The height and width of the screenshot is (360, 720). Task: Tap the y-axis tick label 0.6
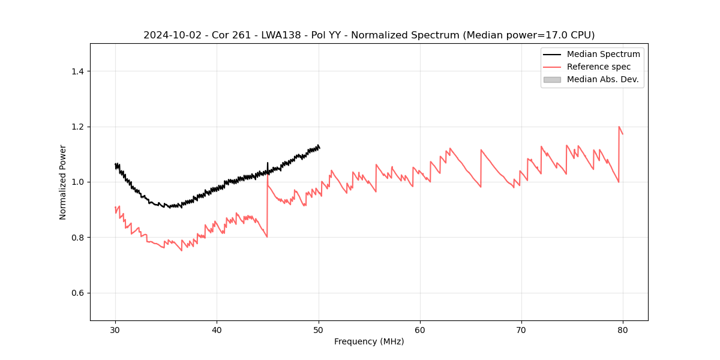click(x=77, y=293)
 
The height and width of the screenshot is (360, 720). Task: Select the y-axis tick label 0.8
click(x=77, y=238)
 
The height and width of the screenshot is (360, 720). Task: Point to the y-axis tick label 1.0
click(x=77, y=182)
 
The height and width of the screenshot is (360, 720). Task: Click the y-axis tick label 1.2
click(x=77, y=127)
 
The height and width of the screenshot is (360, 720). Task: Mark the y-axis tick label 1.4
click(x=77, y=71)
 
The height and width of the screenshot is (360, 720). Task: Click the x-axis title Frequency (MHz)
click(x=369, y=341)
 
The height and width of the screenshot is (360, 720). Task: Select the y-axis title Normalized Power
click(x=63, y=182)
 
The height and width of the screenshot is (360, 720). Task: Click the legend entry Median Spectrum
click(x=603, y=54)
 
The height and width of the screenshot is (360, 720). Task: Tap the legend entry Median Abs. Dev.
click(x=603, y=79)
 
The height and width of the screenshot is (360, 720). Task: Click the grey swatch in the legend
click(x=552, y=79)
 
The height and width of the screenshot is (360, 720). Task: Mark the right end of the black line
click(x=319, y=148)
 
